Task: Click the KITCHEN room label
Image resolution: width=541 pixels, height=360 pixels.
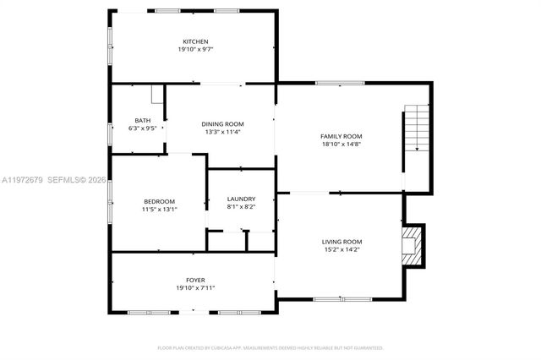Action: pyautogui.click(x=195, y=41)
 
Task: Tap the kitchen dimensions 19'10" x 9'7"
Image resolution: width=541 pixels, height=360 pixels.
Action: pyautogui.click(x=195, y=50)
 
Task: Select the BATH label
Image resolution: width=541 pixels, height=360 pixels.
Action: pyautogui.click(x=142, y=120)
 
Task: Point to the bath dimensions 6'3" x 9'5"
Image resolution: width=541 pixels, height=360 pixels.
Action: pyautogui.click(x=142, y=128)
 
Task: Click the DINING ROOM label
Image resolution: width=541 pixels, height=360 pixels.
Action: pyautogui.click(x=222, y=124)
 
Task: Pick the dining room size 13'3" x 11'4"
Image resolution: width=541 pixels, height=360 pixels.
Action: pyautogui.click(x=222, y=132)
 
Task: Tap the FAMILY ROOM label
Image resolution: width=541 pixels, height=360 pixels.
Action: pyautogui.click(x=341, y=136)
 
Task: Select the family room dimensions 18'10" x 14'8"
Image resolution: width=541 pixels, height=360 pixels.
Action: pyautogui.click(x=341, y=145)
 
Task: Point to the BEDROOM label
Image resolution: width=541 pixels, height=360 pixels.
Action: pyautogui.click(x=159, y=200)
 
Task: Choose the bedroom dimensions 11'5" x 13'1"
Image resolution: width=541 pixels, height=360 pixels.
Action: pyautogui.click(x=159, y=209)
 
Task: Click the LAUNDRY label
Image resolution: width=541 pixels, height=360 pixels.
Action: pyautogui.click(x=241, y=199)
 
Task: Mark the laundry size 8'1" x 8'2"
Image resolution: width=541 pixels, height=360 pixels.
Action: pyautogui.click(x=241, y=207)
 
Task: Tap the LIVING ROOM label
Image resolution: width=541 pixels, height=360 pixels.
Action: pyautogui.click(x=342, y=242)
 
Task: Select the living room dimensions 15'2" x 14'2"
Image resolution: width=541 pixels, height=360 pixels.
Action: pyautogui.click(x=342, y=250)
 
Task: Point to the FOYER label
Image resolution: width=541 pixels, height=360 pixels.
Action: pyautogui.click(x=195, y=280)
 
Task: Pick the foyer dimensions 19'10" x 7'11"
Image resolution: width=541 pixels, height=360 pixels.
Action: pyautogui.click(x=195, y=288)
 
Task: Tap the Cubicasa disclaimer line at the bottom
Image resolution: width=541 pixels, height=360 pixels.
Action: pyautogui.click(x=270, y=347)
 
